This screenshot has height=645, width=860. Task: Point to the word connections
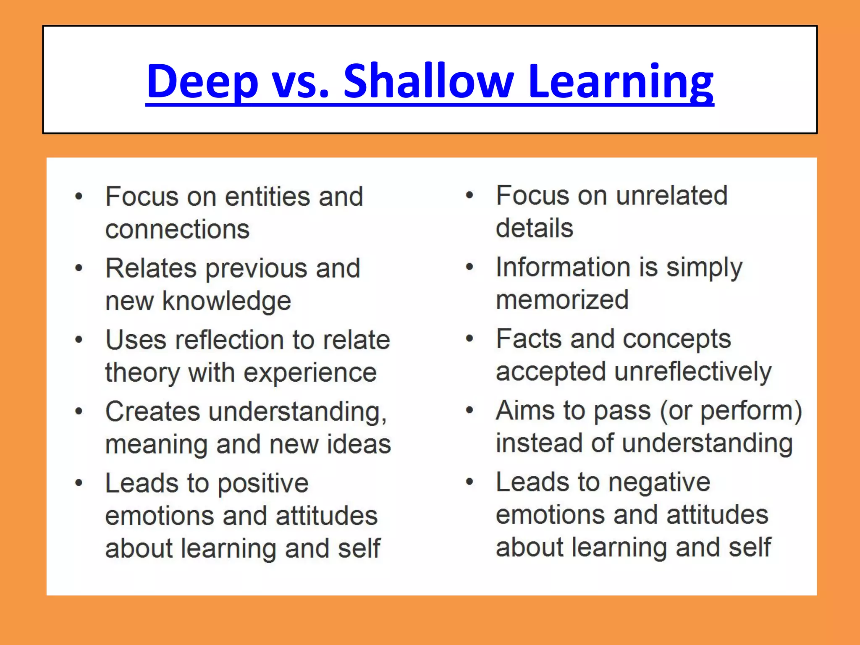(177, 229)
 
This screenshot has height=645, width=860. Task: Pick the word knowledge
(227, 302)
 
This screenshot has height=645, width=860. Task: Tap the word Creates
(152, 412)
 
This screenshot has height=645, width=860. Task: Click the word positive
(263, 483)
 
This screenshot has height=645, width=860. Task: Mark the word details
(534, 228)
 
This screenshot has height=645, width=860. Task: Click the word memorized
(562, 300)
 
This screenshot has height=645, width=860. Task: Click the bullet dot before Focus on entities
(79, 196)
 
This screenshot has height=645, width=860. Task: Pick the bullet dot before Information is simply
(469, 267)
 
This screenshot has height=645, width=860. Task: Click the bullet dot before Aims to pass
(469, 410)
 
